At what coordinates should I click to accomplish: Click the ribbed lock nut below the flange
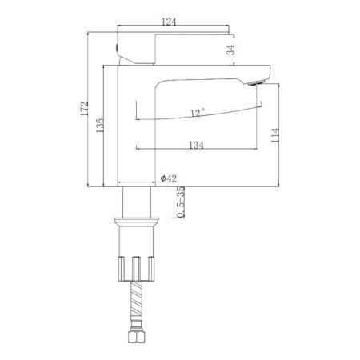(135, 267)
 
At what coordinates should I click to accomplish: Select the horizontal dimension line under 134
(196, 150)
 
